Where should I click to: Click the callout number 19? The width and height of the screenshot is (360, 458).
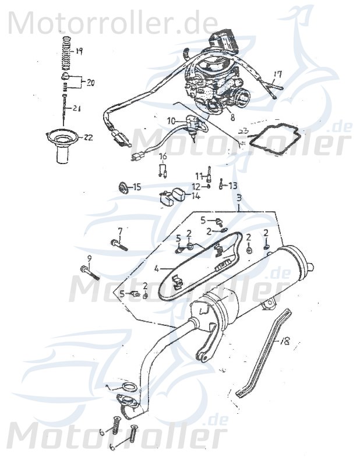point(79,51)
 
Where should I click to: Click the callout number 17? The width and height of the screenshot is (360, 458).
point(278,74)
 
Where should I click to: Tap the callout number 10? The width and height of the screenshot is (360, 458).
point(171,120)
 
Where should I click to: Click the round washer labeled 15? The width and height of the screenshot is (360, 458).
point(123,187)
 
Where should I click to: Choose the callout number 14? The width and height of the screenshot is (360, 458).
point(195,196)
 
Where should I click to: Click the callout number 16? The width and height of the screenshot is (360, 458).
point(163,157)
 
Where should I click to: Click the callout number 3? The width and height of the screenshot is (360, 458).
point(239,198)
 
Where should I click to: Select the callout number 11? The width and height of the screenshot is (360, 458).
point(198,176)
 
